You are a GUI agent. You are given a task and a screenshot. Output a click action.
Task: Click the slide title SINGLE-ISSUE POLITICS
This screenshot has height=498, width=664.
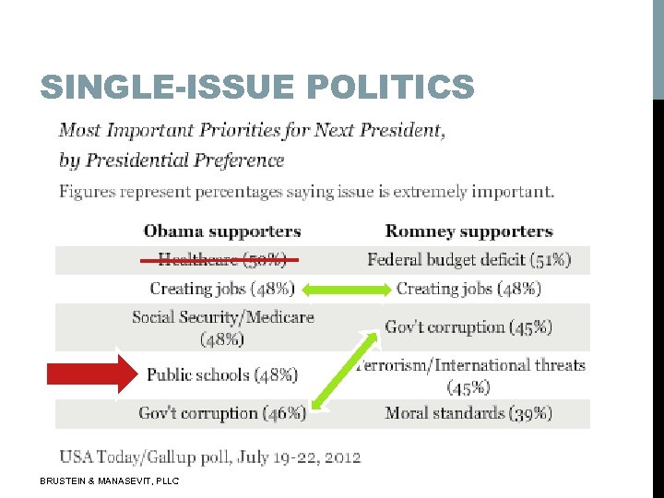click(256, 89)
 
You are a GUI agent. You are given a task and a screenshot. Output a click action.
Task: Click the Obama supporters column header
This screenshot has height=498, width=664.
click(221, 231)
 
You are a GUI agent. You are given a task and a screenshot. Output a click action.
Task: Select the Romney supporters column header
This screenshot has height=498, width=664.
click(468, 231)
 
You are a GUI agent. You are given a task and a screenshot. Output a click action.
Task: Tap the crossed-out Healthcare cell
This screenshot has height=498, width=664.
click(221, 260)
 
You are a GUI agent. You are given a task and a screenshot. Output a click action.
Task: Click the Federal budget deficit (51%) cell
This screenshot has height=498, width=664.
click(468, 260)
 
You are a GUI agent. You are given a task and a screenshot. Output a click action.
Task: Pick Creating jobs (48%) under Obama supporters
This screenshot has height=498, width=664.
click(221, 289)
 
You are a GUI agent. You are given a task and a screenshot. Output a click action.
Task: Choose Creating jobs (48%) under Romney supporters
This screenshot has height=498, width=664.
click(468, 289)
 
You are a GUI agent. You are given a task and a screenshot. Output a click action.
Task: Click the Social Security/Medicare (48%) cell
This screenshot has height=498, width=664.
click(222, 327)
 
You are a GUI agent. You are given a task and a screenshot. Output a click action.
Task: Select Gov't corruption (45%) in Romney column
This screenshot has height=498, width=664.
click(468, 327)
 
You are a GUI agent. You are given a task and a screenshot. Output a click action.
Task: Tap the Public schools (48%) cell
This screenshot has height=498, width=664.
click(222, 374)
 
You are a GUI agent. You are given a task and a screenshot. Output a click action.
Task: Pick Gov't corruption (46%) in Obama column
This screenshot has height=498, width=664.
click(221, 413)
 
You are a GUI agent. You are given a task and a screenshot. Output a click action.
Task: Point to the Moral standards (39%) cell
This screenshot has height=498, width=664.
click(468, 413)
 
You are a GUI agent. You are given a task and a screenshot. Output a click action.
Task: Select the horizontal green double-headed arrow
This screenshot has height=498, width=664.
click(346, 290)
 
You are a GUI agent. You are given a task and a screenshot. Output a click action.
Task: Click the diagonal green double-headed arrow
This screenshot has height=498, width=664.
click(345, 370)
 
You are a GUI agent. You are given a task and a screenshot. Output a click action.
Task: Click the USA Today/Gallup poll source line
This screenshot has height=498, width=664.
click(210, 456)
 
